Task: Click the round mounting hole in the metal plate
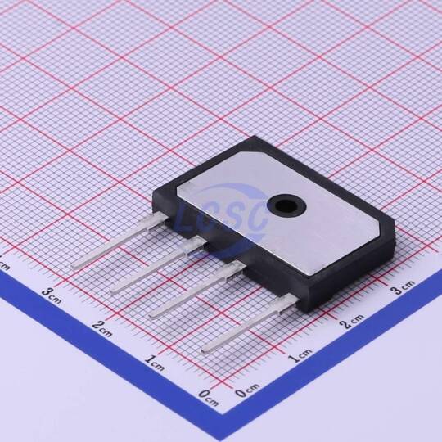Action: point(286,206)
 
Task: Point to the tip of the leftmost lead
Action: point(73,267)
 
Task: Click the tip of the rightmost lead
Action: point(204,350)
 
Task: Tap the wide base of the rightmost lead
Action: point(286,304)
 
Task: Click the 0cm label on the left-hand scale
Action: point(209,398)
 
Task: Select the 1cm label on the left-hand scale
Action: point(155,363)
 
